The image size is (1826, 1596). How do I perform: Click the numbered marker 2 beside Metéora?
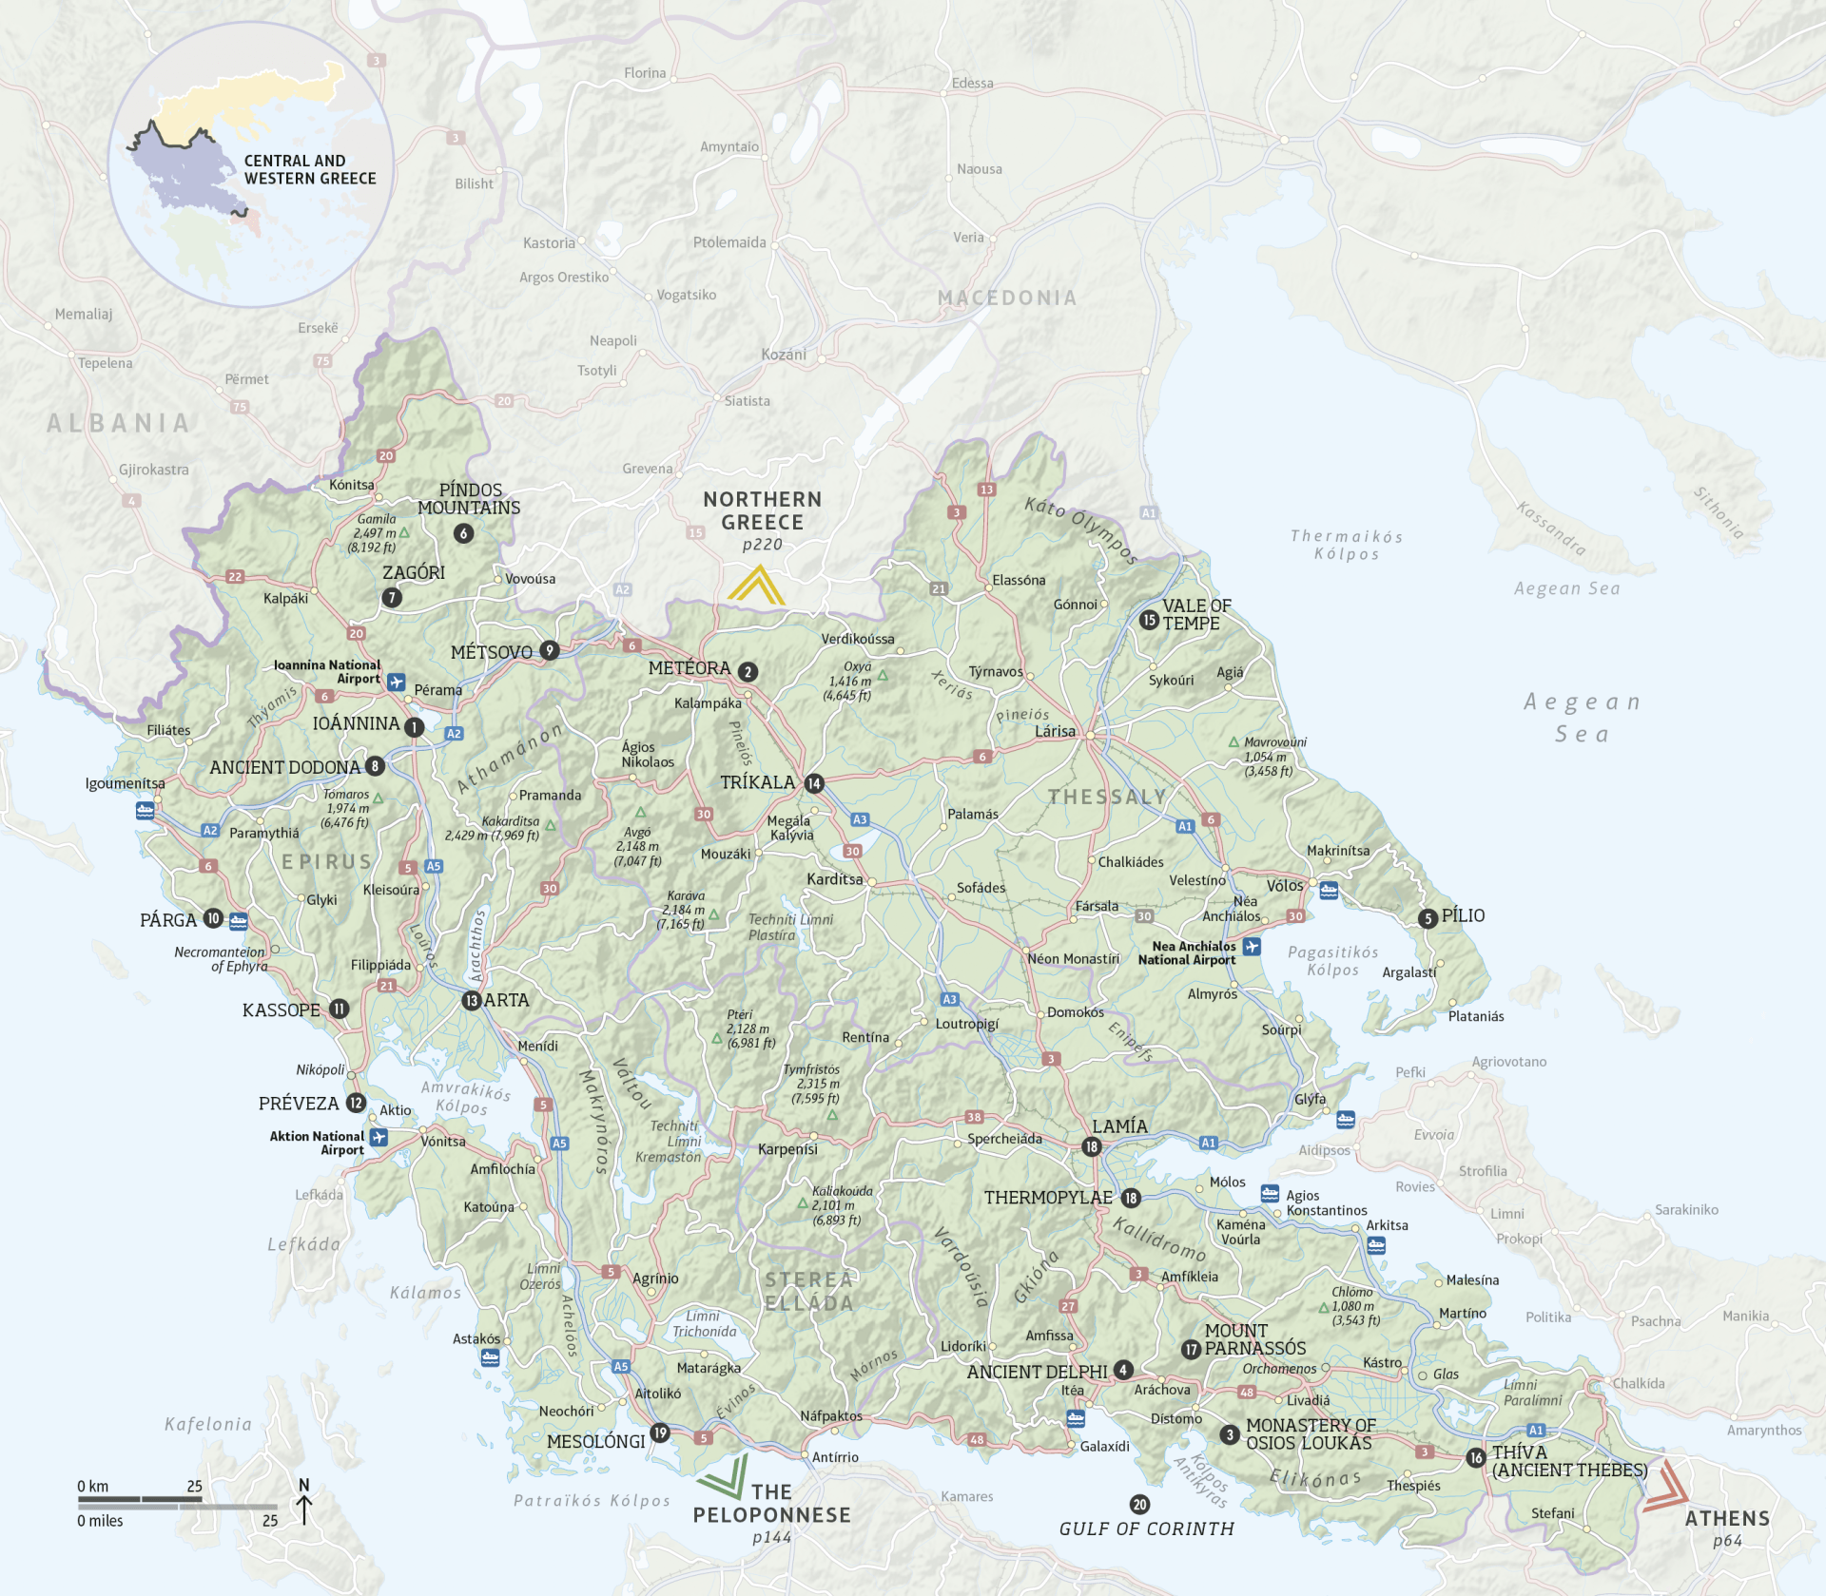coord(748,672)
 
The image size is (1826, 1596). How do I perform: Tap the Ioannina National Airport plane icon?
coord(397,682)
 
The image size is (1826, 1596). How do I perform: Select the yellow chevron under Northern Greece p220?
coord(757,586)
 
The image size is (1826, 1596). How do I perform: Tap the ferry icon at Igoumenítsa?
coord(145,811)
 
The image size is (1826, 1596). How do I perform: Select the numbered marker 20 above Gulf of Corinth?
coord(1139,1505)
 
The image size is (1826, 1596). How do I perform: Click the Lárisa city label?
coord(1055,731)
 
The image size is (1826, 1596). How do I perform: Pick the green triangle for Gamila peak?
coord(404,533)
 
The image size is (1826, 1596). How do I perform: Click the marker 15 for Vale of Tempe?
coord(1149,620)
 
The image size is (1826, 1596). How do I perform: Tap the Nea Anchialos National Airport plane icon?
coord(1252,947)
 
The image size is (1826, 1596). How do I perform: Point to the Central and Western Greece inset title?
coord(310,170)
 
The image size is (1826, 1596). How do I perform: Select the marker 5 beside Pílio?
coord(1428,918)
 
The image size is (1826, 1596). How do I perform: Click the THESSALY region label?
coord(1107,797)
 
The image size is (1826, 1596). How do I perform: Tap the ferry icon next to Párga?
coord(239,920)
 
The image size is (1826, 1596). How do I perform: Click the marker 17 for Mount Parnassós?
coord(1191,1350)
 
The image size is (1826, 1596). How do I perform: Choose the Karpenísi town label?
coord(787,1148)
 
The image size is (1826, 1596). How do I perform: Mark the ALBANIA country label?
coord(119,423)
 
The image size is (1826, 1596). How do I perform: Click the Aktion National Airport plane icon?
coord(379,1138)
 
